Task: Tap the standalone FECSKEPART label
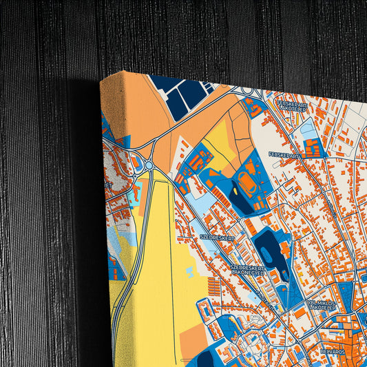click(x=282, y=155)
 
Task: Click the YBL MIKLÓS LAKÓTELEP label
click(x=321, y=304)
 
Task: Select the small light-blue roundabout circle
click(x=149, y=165)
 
